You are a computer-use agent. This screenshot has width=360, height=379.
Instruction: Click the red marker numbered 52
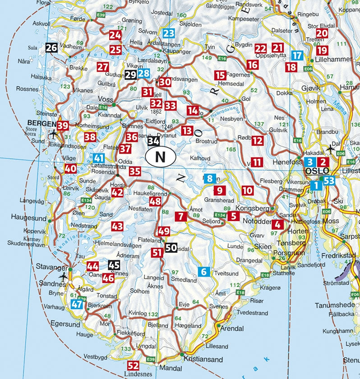point(133,365)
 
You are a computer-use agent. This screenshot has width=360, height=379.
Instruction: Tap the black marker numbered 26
point(51,47)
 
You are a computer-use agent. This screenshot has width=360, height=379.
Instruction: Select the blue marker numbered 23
point(169,33)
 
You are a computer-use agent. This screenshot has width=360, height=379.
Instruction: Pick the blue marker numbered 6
point(204,272)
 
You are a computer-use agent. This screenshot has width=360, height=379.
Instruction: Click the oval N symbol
point(160,157)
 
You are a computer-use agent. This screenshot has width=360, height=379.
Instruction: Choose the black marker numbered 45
point(114,265)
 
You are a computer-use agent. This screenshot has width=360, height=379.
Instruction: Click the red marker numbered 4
point(278,224)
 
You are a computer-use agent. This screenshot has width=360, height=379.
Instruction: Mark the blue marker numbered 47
point(77,304)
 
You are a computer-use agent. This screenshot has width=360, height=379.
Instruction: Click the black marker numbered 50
point(171,247)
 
